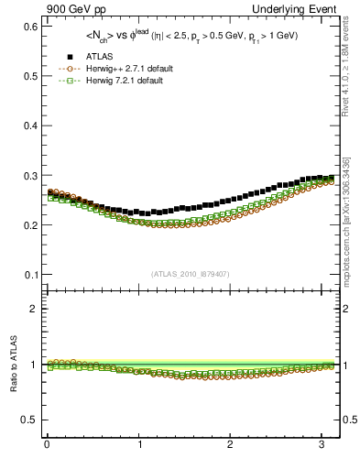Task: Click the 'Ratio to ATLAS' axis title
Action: click(x=12, y=365)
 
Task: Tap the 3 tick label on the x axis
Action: click(x=321, y=445)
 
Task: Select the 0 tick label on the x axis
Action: click(x=46, y=445)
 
